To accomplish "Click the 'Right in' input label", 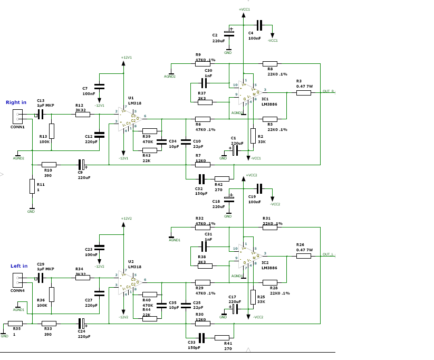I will coord(16,102).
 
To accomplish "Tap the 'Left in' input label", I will coord(19,266).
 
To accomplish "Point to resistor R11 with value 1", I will coord(32,186).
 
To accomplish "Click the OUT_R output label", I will coord(329,91).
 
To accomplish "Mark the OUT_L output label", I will coord(329,254).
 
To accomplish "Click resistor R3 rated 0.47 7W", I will coord(304,93).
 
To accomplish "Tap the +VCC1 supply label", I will coord(244,10).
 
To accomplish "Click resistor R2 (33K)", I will coord(253,136).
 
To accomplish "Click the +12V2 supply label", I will coord(126,218).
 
